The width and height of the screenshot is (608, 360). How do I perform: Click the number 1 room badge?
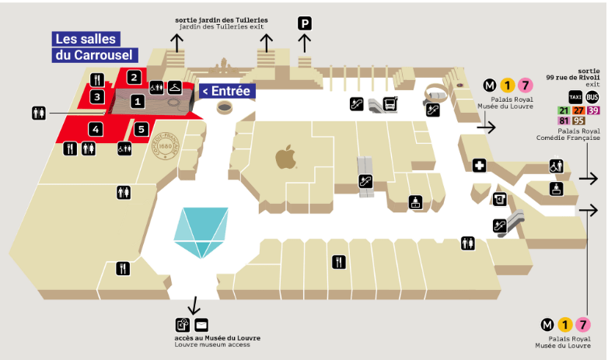[x=138, y=102]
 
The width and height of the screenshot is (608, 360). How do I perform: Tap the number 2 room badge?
[x=134, y=78]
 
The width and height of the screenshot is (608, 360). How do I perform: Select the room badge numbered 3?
[x=97, y=97]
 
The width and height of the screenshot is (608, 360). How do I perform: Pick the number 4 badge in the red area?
[x=96, y=129]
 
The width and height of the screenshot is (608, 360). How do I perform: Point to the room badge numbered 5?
[x=142, y=129]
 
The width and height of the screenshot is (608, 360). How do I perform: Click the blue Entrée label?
[x=227, y=91]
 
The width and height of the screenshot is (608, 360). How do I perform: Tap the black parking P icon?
[x=305, y=23]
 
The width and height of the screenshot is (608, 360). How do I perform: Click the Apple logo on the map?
[x=286, y=157]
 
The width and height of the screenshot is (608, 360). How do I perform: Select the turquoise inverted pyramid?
[x=201, y=232]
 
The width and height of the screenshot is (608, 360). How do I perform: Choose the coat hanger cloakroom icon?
[x=175, y=87]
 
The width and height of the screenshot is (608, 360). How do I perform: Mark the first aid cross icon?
[x=479, y=166]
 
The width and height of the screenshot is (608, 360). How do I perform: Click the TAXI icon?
[x=575, y=97]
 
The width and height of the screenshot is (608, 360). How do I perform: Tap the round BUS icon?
[x=592, y=97]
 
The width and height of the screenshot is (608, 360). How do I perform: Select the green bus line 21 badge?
[x=564, y=110]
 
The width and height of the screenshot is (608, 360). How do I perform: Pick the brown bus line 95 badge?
[x=578, y=121]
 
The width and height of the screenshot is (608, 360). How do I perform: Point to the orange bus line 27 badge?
[x=578, y=110]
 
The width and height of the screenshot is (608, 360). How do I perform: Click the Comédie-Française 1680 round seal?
[x=165, y=146]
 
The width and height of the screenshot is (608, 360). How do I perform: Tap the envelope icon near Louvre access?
[x=201, y=325]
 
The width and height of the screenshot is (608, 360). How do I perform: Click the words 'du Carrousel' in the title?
[x=94, y=55]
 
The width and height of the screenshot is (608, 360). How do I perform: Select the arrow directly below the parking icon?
[x=304, y=44]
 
